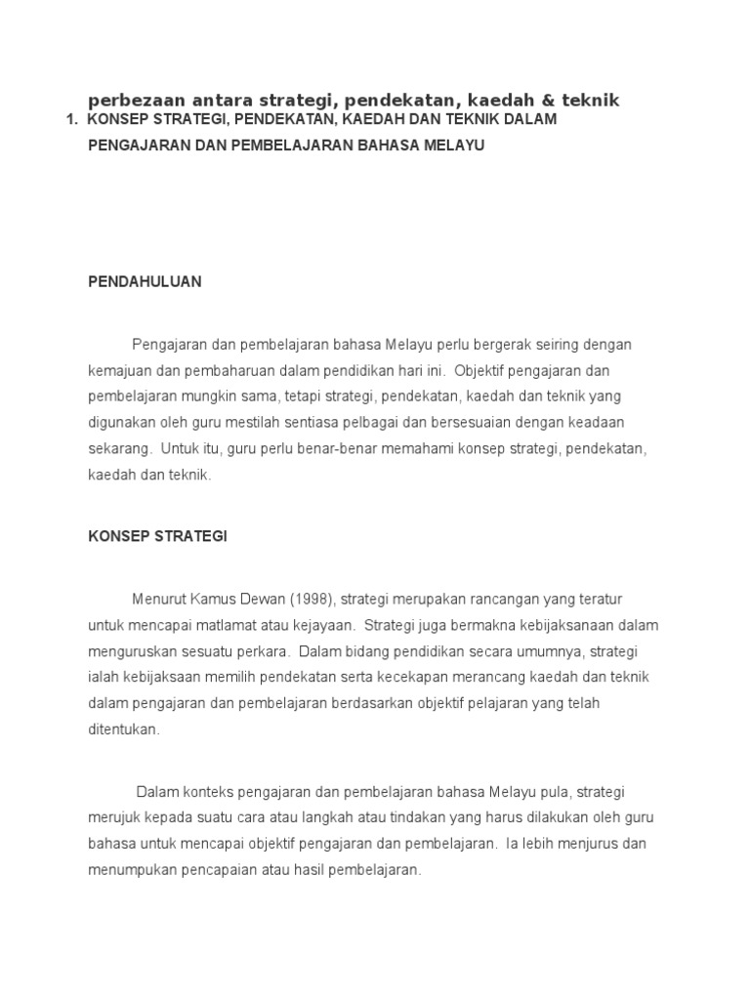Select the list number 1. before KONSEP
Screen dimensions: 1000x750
coord(70,119)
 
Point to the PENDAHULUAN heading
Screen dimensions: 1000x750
coord(145,281)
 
